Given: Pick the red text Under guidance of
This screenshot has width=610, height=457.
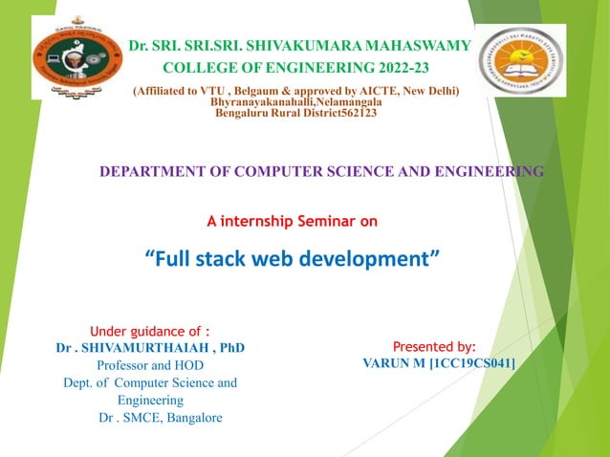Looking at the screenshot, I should pos(149,332).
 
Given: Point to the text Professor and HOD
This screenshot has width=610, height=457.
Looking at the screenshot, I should pos(150,365).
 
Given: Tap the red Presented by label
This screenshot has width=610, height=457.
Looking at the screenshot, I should pos(435,347).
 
